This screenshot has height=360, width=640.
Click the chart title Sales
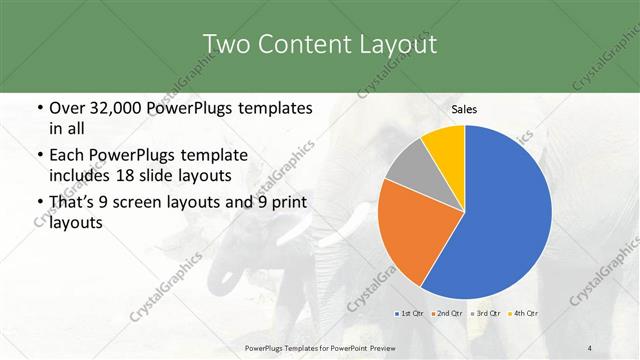click(464, 109)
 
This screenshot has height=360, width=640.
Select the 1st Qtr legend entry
click(408, 313)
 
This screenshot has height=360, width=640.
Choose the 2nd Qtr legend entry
click(446, 313)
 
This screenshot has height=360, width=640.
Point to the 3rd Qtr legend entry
click(485, 313)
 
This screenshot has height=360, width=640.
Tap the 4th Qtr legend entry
click(523, 313)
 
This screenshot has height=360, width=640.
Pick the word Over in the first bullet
click(67, 108)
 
